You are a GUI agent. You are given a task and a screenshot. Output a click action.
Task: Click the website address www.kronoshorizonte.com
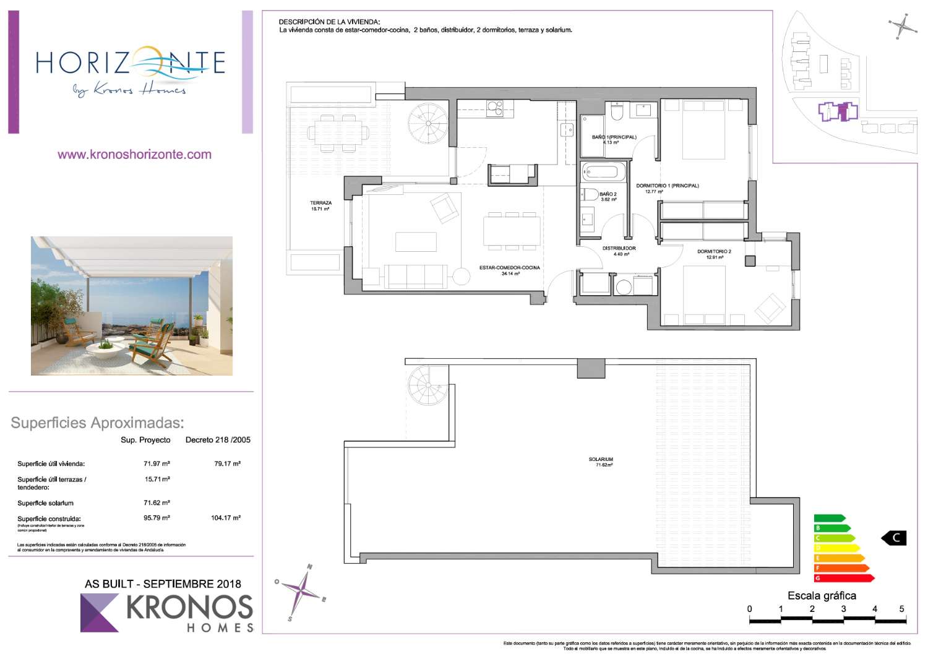point(134,155)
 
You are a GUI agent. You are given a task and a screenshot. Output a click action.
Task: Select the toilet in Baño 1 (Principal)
point(617,112)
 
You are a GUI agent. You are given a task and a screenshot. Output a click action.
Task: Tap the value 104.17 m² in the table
point(226,518)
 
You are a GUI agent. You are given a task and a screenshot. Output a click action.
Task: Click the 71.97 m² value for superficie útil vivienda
point(157,463)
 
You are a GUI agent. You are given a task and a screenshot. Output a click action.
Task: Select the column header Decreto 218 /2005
point(218,440)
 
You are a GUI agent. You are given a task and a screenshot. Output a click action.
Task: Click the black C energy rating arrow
point(894,538)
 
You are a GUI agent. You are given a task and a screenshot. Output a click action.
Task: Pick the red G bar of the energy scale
point(844,578)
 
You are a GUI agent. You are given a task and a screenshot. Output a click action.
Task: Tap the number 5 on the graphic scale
point(901,609)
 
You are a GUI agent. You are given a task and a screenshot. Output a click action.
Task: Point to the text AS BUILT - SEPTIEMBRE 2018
point(163,583)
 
